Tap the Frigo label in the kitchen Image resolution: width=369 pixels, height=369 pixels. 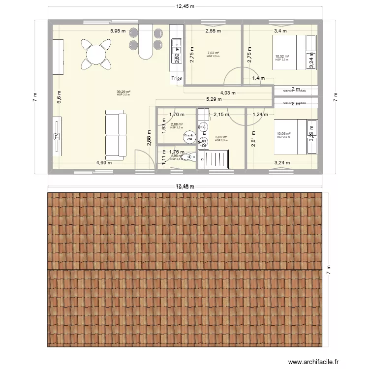point(177,78)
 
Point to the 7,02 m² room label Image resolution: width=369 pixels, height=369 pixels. point(213,53)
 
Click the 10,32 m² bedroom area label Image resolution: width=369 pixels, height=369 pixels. point(282,57)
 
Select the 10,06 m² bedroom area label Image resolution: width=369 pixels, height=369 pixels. point(283,134)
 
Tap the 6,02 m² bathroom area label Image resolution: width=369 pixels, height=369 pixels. point(221,137)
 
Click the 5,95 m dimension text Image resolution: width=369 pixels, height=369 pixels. point(118,31)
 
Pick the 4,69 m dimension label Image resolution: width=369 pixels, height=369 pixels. point(104,163)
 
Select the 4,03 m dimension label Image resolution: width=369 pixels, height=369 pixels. point(228,93)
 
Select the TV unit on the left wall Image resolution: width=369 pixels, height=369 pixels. point(57,135)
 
